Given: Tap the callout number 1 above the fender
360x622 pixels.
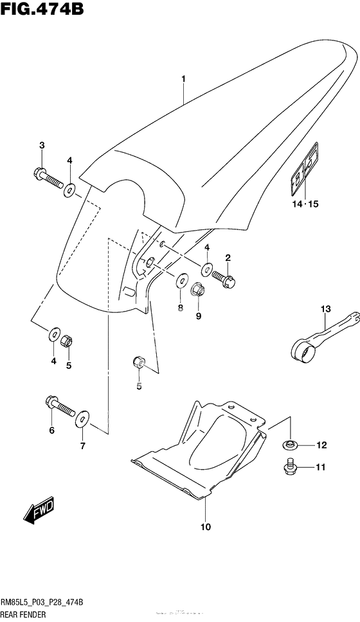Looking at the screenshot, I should click(183, 79).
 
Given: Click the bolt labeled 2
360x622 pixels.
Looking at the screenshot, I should click(223, 279).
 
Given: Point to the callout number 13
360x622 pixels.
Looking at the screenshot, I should click(325, 310).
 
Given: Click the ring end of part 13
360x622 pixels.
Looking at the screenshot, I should click(300, 350).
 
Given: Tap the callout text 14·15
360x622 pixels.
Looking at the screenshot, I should click(305, 205).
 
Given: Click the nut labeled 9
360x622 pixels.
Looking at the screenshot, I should click(199, 292).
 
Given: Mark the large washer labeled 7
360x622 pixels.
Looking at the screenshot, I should click(82, 421).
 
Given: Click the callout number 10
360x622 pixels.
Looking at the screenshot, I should click(205, 528).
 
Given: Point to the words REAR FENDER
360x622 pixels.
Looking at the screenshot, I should click(30, 614).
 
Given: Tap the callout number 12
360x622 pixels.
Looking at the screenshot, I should click(321, 445).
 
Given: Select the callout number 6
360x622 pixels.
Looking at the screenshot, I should click(51, 431).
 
